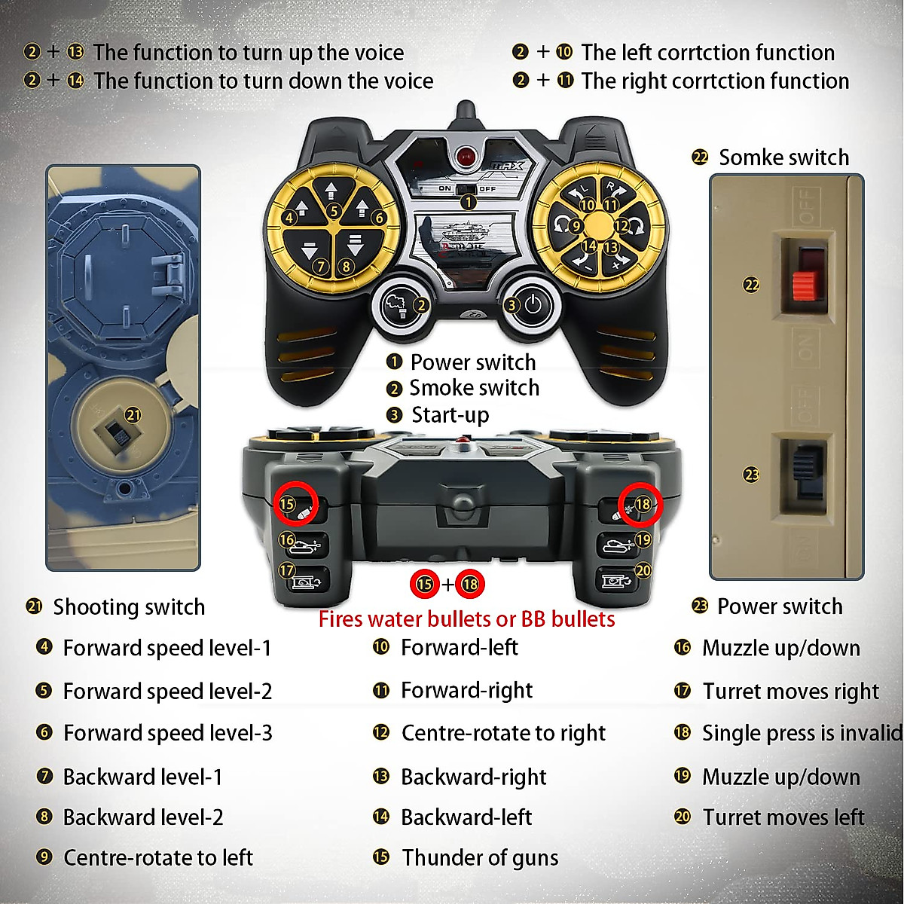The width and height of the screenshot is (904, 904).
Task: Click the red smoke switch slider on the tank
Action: point(803,284)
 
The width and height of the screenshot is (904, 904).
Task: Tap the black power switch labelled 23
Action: point(806,474)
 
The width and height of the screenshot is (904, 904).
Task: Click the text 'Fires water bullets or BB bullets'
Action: point(466,619)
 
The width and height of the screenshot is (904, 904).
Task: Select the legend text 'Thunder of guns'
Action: point(480,858)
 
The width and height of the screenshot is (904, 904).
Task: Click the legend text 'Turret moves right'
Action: point(790,692)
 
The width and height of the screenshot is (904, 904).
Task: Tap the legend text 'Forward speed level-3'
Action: point(167,733)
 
